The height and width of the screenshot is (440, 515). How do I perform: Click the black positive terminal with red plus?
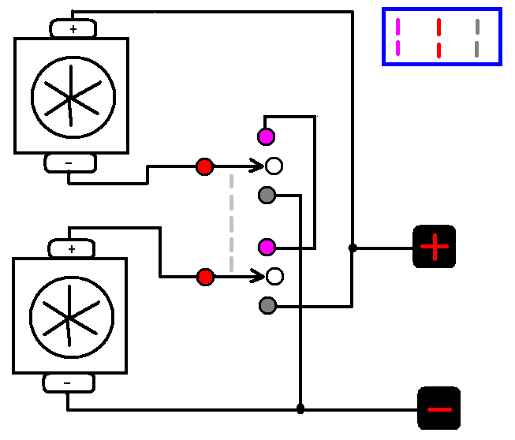pyautogui.click(x=435, y=247)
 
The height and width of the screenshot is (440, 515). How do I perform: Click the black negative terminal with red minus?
pyautogui.click(x=438, y=408)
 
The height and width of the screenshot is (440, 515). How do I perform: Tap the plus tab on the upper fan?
pyautogui.click(x=73, y=29)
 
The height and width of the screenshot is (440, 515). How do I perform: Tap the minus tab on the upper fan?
pyautogui.click(x=69, y=163)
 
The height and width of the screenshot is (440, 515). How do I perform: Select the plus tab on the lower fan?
pyautogui.click(x=72, y=249)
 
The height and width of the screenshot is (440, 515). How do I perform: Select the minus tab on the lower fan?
pyautogui.click(x=68, y=383)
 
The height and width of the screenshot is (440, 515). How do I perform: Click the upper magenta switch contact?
pyautogui.click(x=267, y=136)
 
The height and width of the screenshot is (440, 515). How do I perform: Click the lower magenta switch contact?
pyautogui.click(x=267, y=248)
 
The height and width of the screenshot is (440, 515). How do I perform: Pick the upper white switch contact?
pyautogui.click(x=274, y=166)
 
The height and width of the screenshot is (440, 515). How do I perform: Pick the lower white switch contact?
pyautogui.click(x=274, y=277)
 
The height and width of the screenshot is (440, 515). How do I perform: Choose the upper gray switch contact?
pyautogui.click(x=267, y=195)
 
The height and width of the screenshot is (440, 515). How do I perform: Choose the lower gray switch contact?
pyautogui.click(x=267, y=305)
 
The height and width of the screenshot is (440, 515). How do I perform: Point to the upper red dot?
pyautogui.click(x=205, y=166)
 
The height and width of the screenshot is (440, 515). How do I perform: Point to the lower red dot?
pyautogui.click(x=205, y=277)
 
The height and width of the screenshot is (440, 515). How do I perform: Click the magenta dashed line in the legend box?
pyautogui.click(x=397, y=37)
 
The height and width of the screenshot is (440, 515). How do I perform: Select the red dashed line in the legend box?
pyautogui.click(x=438, y=37)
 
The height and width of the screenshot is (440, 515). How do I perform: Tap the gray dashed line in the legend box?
pyautogui.click(x=477, y=37)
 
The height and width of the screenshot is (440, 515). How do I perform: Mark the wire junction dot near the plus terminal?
pyautogui.click(x=353, y=248)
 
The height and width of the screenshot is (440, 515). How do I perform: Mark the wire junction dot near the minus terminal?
pyautogui.click(x=300, y=408)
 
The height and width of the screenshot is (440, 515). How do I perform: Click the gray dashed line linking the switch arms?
pyautogui.click(x=231, y=222)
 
